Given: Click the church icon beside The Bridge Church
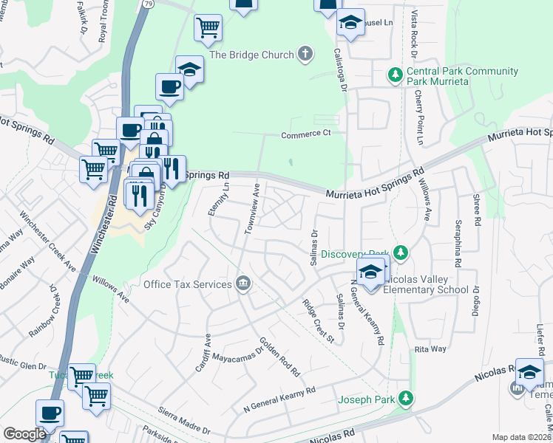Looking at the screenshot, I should point(305,54).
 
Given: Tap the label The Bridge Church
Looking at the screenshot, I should point(252,54).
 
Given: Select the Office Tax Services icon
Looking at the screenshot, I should point(242,284).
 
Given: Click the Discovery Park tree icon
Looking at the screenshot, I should point(400,253).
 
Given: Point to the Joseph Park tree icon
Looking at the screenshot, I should point(404,399).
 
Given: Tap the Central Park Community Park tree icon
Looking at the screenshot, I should point(395,75).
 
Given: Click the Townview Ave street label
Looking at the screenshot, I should point(252,210).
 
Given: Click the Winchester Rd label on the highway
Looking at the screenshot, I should point(104,223).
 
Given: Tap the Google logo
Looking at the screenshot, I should point(25,433).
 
